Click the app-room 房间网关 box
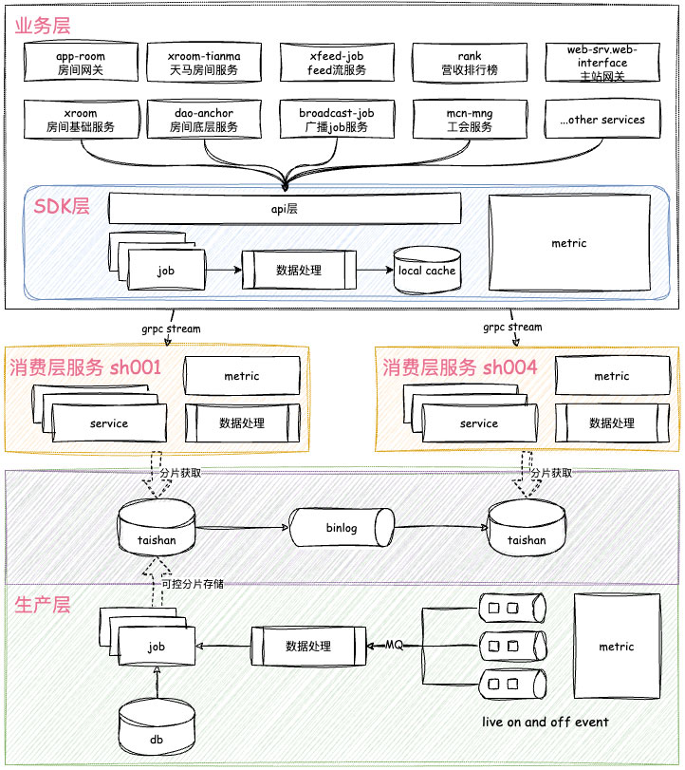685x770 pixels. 80,63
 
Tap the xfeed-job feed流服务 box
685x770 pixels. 337,63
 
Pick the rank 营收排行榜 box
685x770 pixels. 470,63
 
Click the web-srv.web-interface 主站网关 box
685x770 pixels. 602,63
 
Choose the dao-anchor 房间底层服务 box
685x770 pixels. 203,120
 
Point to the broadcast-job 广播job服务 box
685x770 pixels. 337,120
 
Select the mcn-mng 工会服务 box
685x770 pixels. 470,120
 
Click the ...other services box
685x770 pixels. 602,120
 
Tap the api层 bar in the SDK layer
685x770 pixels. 285,207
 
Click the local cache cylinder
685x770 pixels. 427,270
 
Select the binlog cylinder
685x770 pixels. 342,527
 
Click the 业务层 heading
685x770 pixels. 42,25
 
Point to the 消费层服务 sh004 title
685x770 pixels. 460,367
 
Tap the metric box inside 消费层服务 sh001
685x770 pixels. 242,376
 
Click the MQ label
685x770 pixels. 394,645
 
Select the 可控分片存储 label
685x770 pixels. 192,584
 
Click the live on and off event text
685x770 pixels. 545,722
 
